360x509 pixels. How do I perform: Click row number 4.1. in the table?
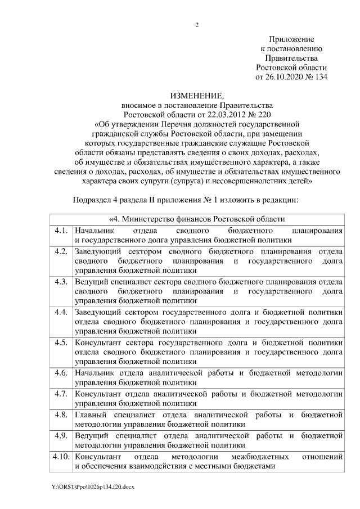(x=61, y=231)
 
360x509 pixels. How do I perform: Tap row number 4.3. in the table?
(x=61, y=281)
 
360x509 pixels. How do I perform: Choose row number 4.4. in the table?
(x=61, y=311)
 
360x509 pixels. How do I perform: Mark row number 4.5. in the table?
(x=61, y=342)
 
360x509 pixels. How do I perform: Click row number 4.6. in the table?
(x=61, y=372)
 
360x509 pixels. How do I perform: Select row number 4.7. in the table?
(x=61, y=393)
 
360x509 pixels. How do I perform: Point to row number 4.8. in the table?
(x=61, y=415)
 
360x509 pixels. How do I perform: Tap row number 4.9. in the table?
(x=61, y=435)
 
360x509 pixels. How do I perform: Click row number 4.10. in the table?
(x=61, y=456)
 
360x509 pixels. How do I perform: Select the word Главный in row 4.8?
(x=91, y=415)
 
